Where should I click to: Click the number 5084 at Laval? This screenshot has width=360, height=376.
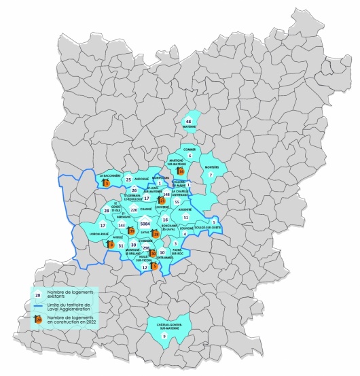coord(144,223)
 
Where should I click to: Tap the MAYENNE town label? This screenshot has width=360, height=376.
coord(189,126)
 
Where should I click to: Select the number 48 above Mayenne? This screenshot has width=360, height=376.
coord(189,120)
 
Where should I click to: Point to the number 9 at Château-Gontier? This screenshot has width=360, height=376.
coord(164,337)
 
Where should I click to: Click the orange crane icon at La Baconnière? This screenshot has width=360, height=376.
coord(106,181)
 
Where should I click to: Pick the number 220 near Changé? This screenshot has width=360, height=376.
coord(134,210)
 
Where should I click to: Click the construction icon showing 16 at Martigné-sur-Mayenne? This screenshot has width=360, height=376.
coord(181,171)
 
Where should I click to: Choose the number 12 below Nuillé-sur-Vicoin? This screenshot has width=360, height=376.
coord(145,267)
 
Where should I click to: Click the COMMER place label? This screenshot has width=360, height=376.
coord(190,150)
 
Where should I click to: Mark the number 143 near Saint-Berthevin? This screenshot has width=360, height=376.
coord(122,224)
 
